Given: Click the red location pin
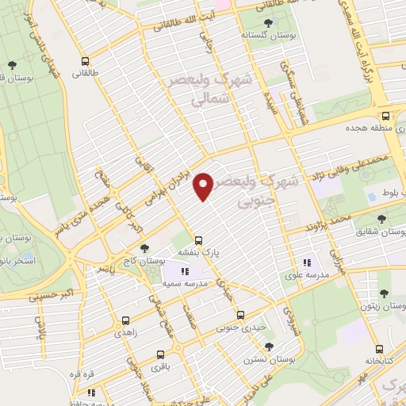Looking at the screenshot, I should click(205, 186).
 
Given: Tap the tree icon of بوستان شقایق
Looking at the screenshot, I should click(381, 218).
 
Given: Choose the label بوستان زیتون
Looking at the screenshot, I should click(377, 306).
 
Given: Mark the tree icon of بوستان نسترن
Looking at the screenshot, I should click(268, 347).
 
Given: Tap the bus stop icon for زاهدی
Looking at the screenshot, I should click(126, 321).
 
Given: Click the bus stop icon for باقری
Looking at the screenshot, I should click(159, 355).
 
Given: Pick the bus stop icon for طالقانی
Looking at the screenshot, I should click(85, 60).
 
